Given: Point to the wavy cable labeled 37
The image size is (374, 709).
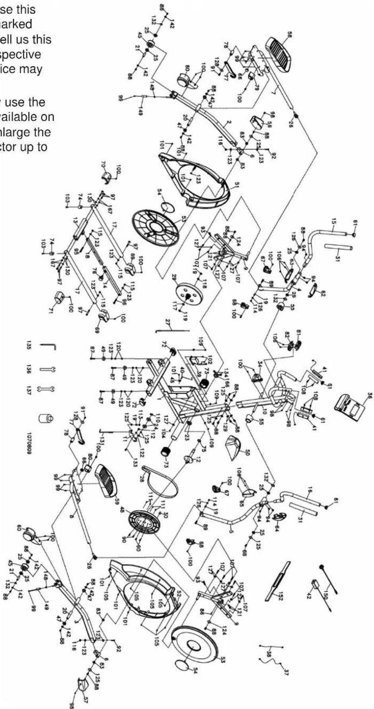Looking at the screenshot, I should [x=271, y=660].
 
